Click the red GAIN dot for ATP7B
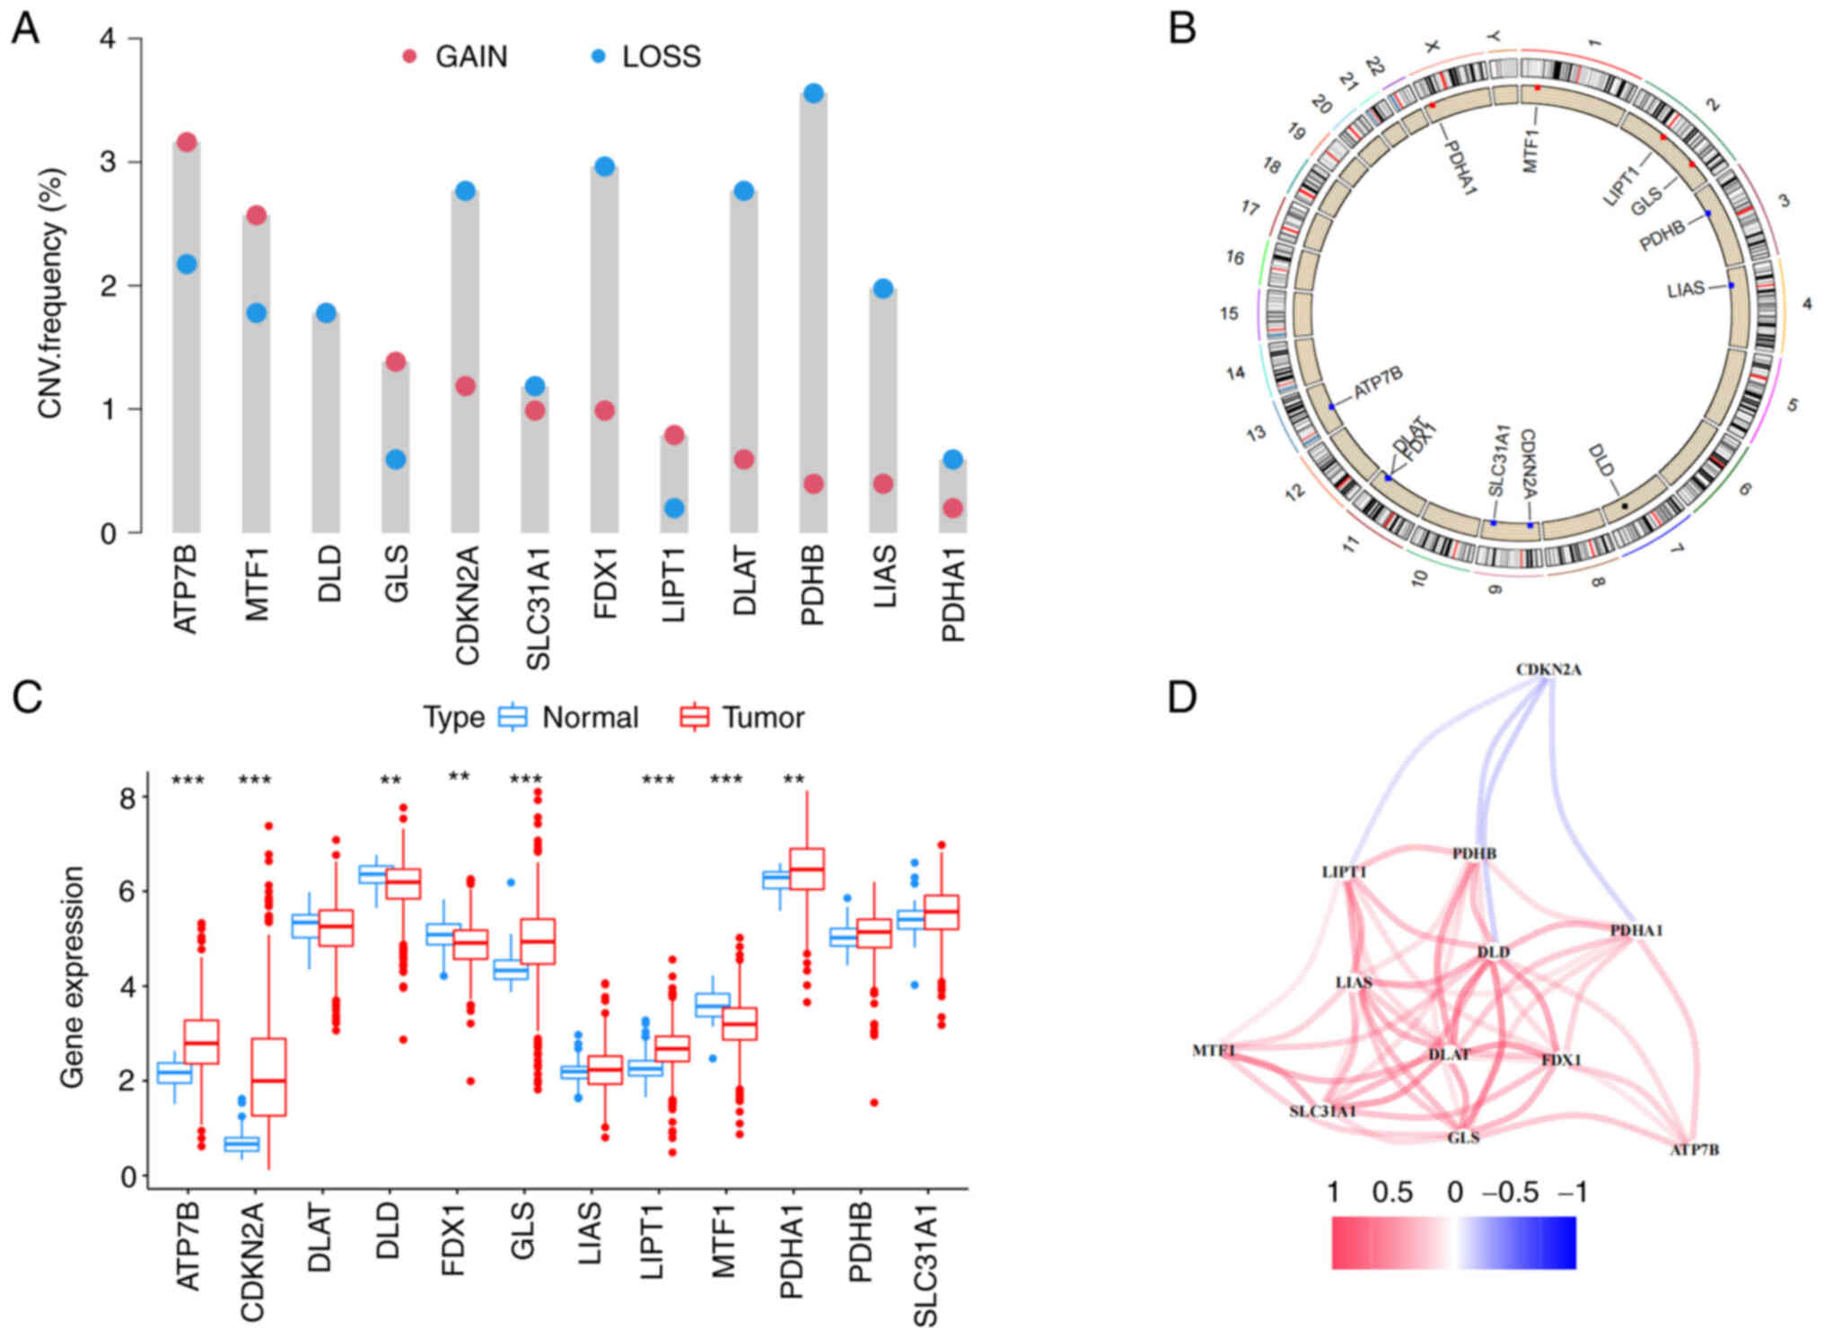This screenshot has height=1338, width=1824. tap(187, 142)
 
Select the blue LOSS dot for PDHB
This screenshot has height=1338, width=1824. tap(813, 93)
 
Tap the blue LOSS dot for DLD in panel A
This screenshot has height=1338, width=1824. tap(326, 313)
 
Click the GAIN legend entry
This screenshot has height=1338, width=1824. tap(457, 57)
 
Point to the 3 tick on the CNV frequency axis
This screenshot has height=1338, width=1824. tap(109, 162)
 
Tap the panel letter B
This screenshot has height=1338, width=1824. tap(1181, 29)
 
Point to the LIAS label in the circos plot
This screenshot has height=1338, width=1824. tap(1685, 290)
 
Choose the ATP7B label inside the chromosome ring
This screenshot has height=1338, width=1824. tap(1378, 382)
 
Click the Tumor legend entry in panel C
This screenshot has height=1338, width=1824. tap(742, 718)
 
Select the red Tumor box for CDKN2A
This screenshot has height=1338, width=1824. tap(268, 1077)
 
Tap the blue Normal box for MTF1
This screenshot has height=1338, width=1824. tap(713, 1004)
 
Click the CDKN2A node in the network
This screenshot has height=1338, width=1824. tap(1548, 669)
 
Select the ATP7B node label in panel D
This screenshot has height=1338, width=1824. tap(1694, 1150)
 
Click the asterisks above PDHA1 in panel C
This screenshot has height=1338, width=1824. tap(794, 779)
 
